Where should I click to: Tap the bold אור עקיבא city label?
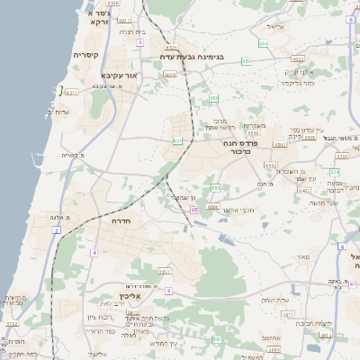pyautogui.click(x=119, y=76)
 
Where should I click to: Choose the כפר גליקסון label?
pyautogui.click(x=297, y=83)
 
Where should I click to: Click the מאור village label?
pyautogui.click(x=302, y=257)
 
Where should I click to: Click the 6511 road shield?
pyautogui.click(x=72, y=92)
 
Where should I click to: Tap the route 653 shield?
pyautogui.click(x=213, y=98)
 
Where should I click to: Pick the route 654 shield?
pyautogui.click(x=264, y=43)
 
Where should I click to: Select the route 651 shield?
pyautogui.click(x=178, y=140)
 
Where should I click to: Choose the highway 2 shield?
pyautogui.click(x=56, y=231)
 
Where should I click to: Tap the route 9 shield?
pyautogui.click(x=168, y=292)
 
